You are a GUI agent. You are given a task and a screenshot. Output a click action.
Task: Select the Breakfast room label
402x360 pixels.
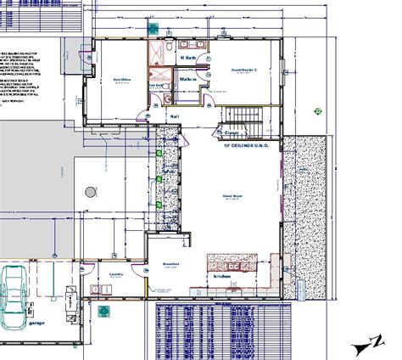pyautogui.click(x=170, y=264)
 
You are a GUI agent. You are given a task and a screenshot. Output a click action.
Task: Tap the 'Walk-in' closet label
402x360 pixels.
pyautogui.click(x=187, y=79)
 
